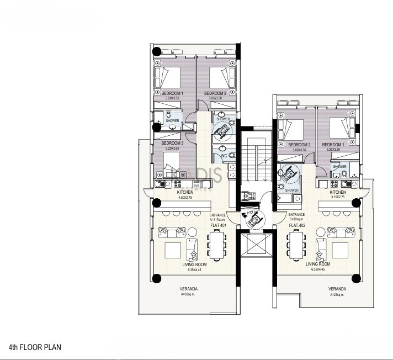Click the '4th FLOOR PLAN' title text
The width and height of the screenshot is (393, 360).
click(35, 347)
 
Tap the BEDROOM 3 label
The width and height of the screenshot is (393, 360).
click(173, 144)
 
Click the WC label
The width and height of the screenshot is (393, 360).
click(224, 156)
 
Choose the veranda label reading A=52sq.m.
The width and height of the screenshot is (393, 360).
click(189, 295)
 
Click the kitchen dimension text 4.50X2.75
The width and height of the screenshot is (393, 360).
click(185, 197)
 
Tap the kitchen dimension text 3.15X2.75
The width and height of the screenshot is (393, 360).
click(338, 197)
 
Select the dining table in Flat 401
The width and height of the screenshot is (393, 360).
click(216, 245)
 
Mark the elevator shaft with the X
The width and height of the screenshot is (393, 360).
click(254, 243)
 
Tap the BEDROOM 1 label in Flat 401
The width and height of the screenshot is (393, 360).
click(172, 93)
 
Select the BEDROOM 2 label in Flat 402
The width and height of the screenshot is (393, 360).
click(299, 145)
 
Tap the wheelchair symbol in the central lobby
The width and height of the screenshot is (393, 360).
click(254, 219)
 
